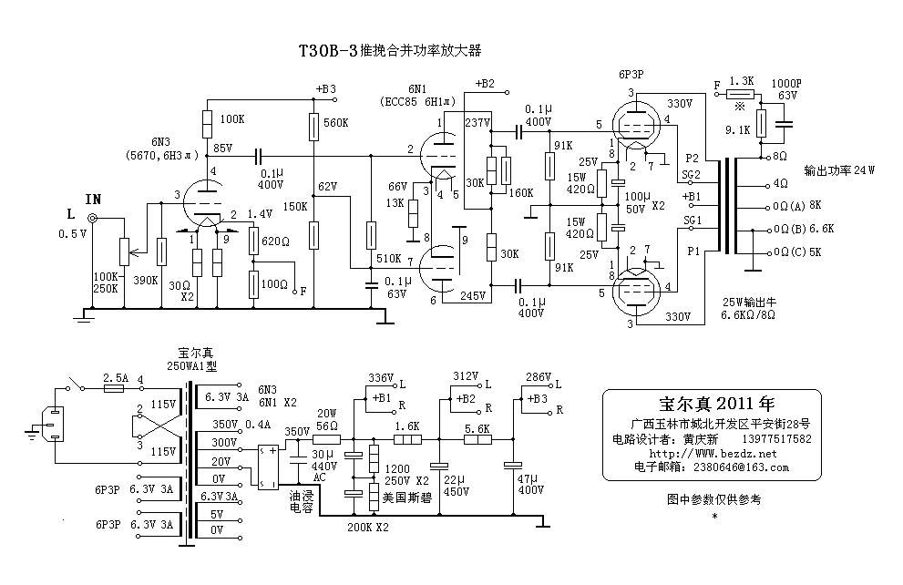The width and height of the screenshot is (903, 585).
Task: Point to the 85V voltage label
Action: click(223, 147)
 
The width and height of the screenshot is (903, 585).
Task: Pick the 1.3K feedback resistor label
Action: click(743, 81)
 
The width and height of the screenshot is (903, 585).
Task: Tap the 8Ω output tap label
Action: click(779, 157)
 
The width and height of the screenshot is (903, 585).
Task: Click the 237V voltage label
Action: click(477, 122)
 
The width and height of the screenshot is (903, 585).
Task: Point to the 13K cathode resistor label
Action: click(396, 202)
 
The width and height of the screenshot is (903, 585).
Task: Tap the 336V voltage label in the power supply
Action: click(380, 377)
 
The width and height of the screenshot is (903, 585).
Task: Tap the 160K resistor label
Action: click(520, 192)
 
